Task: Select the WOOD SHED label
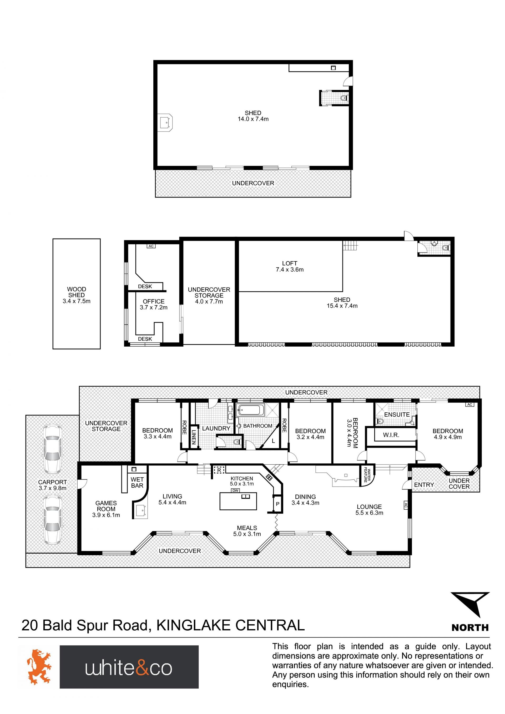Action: pyautogui.click(x=77, y=292)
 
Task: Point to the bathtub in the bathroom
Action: pyautogui.click(x=250, y=410)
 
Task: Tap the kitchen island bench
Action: pyautogui.click(x=238, y=501)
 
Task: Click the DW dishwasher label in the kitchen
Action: pyautogui.click(x=235, y=490)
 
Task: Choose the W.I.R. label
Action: pyautogui.click(x=391, y=435)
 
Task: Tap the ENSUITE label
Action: pyautogui.click(x=397, y=414)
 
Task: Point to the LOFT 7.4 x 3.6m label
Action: pyautogui.click(x=290, y=266)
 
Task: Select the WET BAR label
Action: pyautogui.click(x=137, y=482)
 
